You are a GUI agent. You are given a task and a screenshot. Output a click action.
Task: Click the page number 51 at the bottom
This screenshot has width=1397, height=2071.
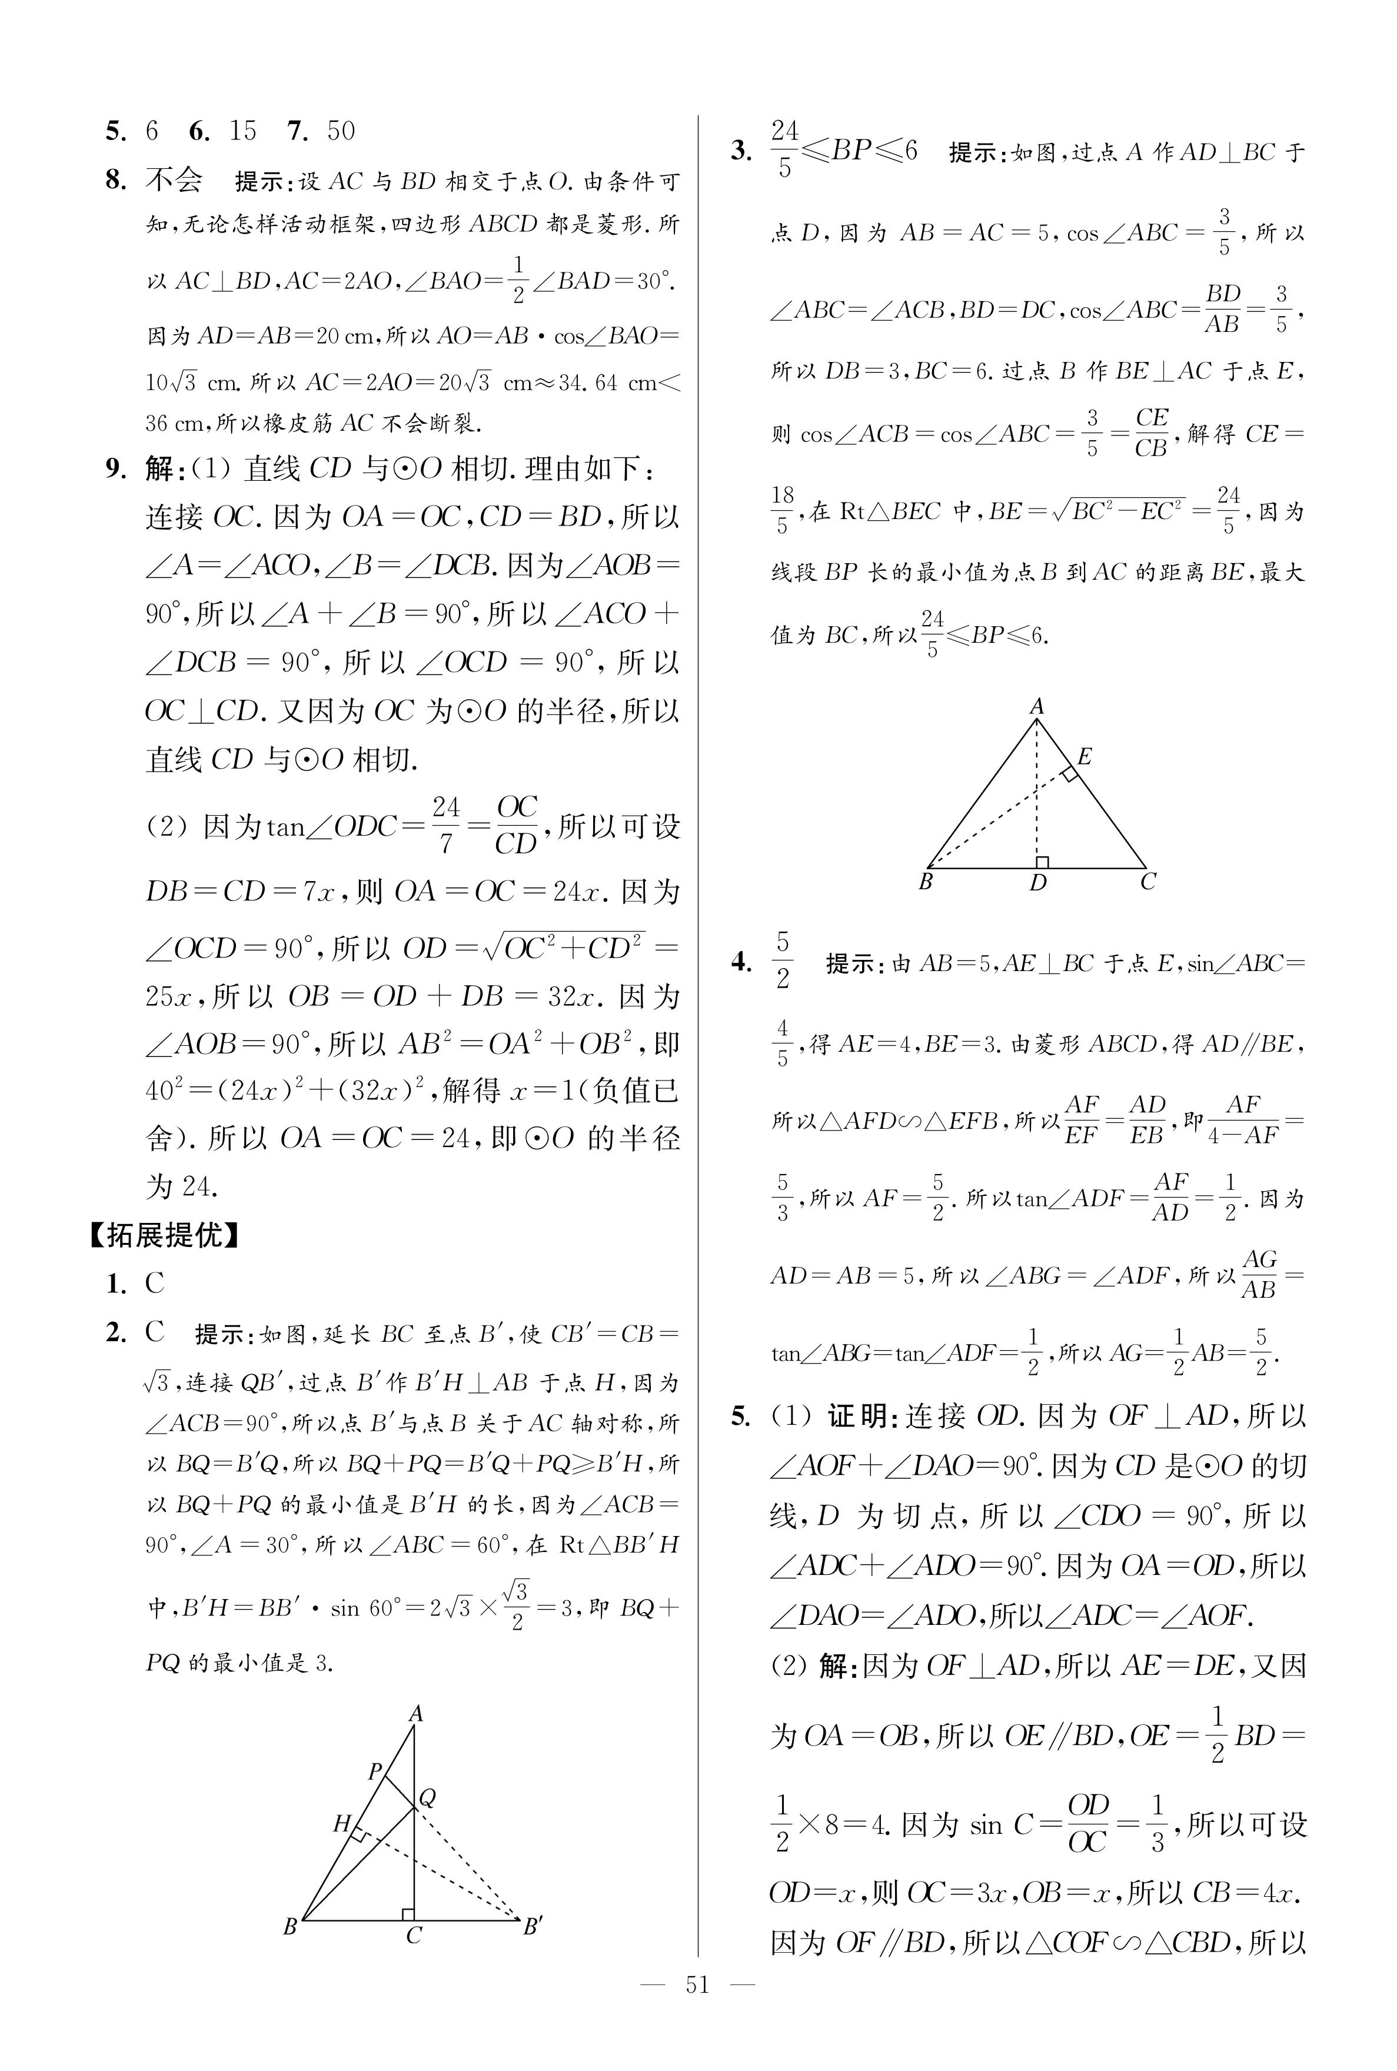pyautogui.click(x=697, y=2010)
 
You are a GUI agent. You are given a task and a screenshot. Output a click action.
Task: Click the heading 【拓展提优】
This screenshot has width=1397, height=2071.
pyautogui.click(x=164, y=1235)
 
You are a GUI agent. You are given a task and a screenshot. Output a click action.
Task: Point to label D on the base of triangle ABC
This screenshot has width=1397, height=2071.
pyautogui.click(x=1038, y=883)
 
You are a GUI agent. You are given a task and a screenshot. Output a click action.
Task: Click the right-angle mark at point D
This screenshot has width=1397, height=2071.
pyautogui.click(x=1042, y=862)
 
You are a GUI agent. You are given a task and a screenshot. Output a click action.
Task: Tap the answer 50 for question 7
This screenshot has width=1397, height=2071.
pyautogui.click(x=340, y=131)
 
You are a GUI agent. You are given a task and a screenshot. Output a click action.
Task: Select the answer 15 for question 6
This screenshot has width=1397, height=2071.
pyautogui.click(x=242, y=131)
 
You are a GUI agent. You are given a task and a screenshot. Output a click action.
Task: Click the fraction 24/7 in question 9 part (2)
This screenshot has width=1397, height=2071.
pyautogui.click(x=445, y=825)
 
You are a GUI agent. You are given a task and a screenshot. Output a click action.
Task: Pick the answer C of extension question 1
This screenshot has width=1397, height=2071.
pyautogui.click(x=155, y=1284)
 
